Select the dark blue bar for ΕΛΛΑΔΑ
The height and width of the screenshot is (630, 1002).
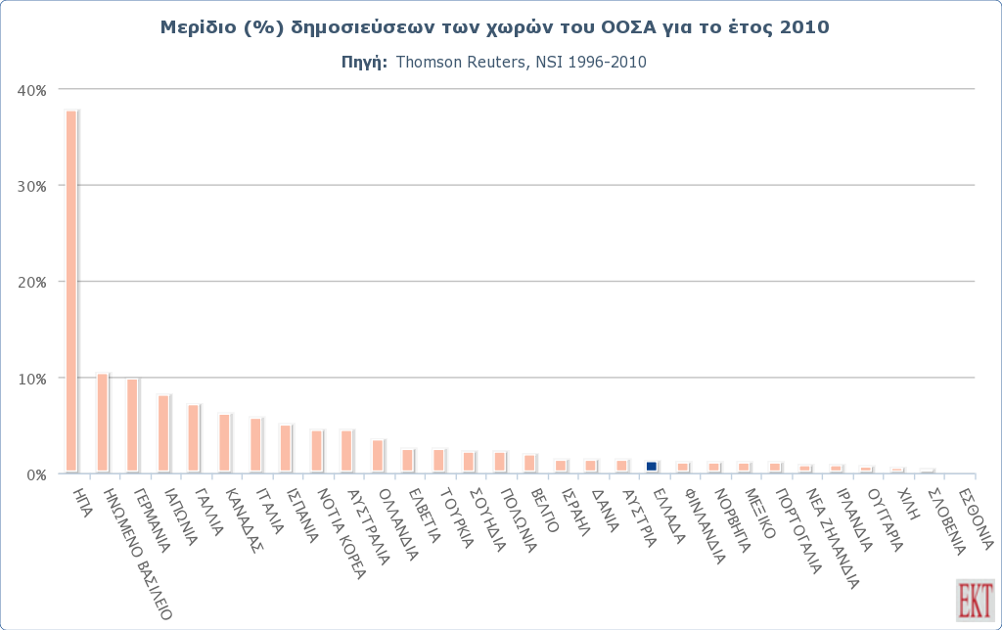(652, 467)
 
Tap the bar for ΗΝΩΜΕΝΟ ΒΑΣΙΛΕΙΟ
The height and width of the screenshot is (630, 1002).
(102, 423)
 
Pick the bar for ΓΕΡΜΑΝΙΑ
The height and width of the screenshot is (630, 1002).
(132, 426)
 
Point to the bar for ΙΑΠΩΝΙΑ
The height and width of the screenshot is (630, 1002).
(163, 433)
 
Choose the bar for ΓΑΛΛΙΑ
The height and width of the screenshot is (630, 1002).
(194, 438)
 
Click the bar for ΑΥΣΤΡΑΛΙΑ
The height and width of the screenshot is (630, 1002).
(346, 451)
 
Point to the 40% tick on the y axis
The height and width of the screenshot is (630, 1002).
(33, 90)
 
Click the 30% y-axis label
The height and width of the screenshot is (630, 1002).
(33, 186)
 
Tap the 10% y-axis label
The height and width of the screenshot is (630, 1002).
(33, 379)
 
